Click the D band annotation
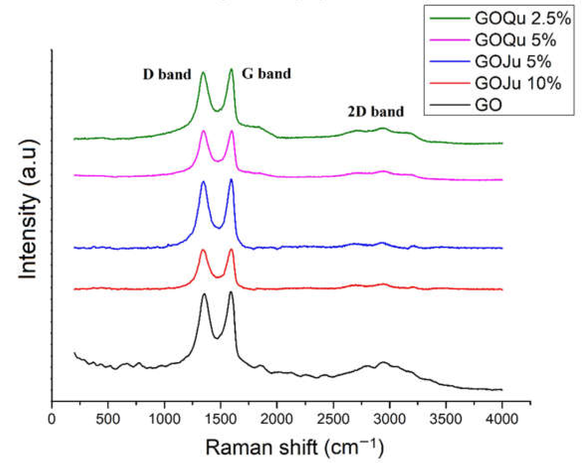167,74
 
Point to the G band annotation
266,74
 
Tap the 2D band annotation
376,112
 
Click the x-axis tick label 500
108,419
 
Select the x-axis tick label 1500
221,419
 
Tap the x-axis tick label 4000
502,419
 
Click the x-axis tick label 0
51,419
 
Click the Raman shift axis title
294,447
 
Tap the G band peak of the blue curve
231,179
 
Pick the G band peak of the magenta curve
232,131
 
